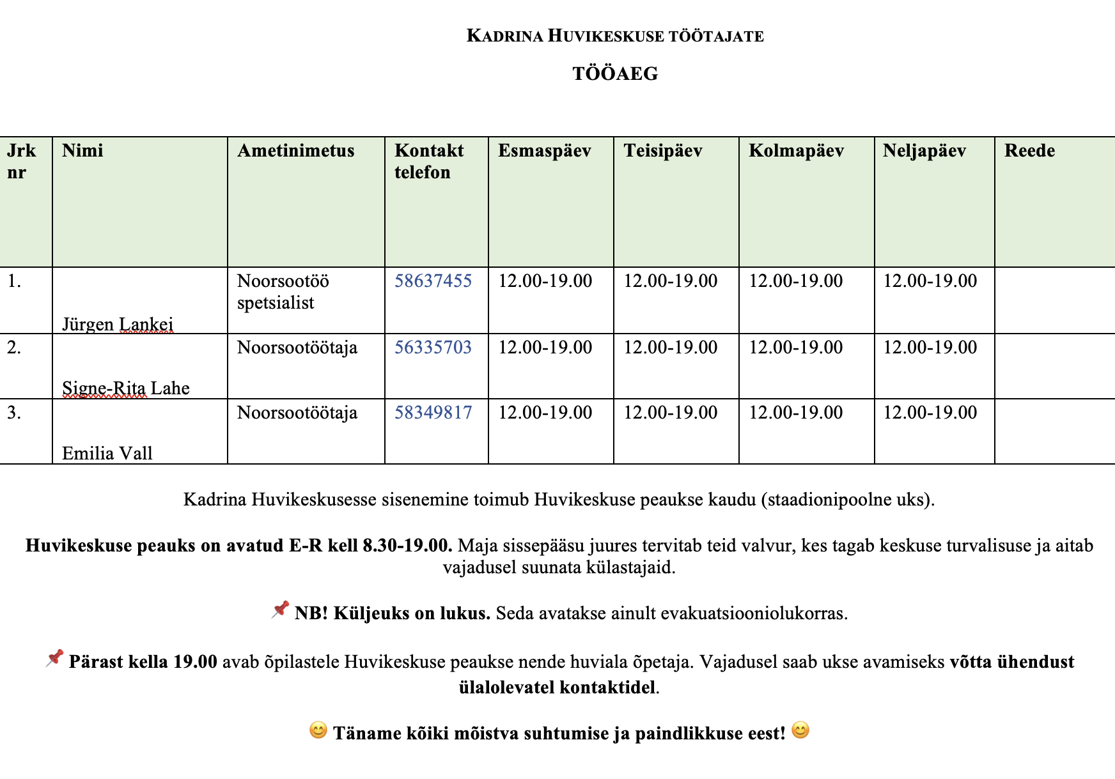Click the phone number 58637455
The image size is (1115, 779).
433,281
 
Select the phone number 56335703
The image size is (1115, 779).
433,348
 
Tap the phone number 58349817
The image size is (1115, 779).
433,413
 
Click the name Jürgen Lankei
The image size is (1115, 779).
118,325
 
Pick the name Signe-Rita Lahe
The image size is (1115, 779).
126,389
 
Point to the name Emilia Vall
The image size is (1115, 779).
107,454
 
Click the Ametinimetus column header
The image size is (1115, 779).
295,151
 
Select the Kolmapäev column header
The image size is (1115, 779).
796,151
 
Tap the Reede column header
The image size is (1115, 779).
1029,151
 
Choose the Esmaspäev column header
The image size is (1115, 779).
545,151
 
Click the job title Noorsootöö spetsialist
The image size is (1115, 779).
283,291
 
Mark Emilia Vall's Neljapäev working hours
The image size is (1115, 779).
930,413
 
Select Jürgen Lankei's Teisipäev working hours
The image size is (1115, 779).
670,281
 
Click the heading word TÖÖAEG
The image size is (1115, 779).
615,74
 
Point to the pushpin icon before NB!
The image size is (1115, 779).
280,610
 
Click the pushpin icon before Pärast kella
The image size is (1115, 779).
54,659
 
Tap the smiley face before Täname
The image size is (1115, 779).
318,730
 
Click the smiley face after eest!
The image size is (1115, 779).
800,730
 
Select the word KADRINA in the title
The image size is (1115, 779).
504,36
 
